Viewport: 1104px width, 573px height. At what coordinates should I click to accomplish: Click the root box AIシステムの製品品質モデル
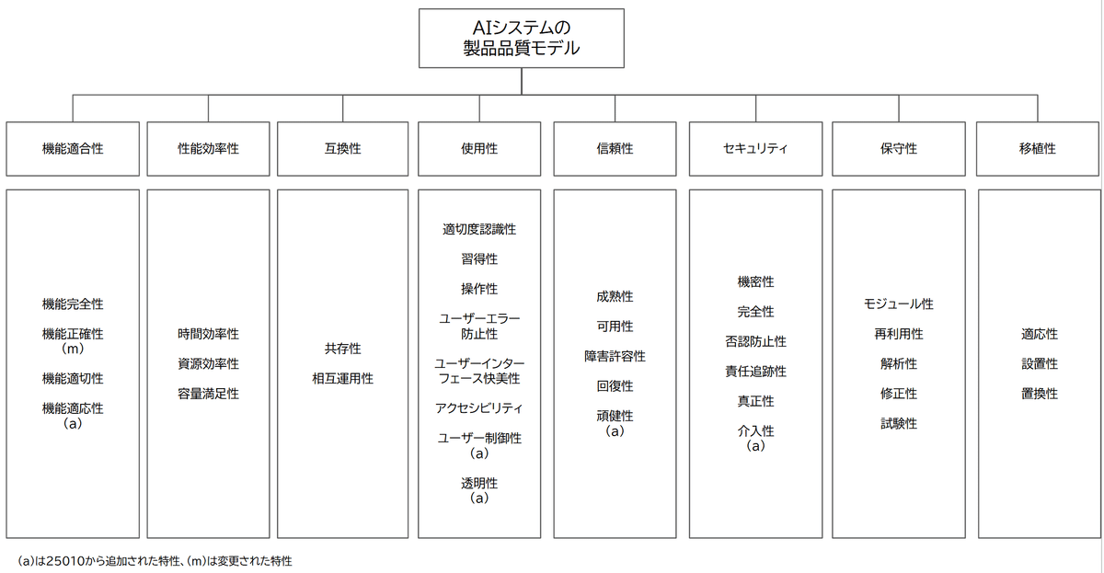pos(521,39)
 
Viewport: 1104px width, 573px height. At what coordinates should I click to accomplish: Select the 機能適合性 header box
pos(73,148)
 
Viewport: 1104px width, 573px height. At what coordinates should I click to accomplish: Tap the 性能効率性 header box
pos(208,148)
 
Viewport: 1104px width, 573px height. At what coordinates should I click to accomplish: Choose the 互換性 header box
pos(342,148)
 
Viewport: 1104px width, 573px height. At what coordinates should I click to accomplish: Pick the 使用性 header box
pos(478,148)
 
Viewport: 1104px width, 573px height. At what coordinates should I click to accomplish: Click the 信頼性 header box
pos(615,148)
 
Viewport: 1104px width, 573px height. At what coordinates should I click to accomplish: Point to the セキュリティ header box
pos(755,148)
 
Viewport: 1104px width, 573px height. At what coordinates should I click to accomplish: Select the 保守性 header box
pos(898,148)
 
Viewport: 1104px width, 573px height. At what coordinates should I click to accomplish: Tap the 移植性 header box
pos(1039,148)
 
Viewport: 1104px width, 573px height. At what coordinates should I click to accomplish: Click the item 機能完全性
pos(73,304)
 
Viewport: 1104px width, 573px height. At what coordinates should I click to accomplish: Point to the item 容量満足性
pos(208,394)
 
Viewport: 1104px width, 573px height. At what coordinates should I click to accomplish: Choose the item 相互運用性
pos(342,378)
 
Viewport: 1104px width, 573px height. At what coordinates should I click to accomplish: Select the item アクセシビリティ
pos(478,407)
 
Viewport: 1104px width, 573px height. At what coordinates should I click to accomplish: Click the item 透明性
pos(478,483)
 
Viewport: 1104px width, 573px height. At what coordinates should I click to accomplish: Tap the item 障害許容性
pos(615,356)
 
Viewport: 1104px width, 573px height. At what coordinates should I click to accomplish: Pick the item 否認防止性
pos(755,341)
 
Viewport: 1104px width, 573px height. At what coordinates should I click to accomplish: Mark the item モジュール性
pos(898,304)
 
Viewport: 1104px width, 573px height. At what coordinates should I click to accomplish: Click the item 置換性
pos(1039,394)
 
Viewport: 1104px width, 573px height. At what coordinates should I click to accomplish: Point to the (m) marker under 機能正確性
pos(73,350)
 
